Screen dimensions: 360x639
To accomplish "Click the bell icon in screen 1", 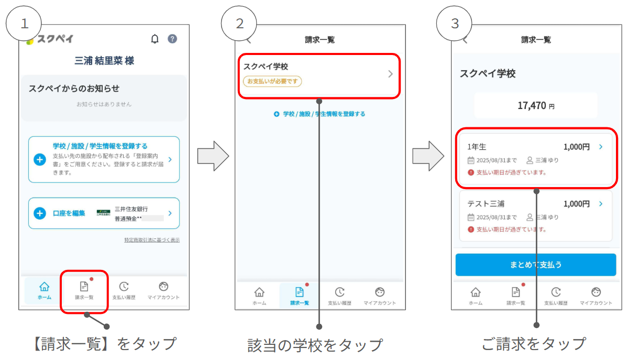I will [155, 39].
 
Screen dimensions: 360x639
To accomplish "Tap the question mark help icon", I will [172, 39].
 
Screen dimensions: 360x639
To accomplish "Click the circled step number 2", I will [239, 24].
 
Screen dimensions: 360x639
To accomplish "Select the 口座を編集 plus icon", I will [40, 213].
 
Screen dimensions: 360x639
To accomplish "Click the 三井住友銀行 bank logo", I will [103, 213].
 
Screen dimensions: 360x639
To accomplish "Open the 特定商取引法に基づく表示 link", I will [152, 240].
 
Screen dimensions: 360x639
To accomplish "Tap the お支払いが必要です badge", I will [272, 81].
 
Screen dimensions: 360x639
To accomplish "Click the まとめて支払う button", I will [535, 265].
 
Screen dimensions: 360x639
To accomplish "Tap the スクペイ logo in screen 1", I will [50, 39].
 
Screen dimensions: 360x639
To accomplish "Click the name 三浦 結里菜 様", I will [104, 61].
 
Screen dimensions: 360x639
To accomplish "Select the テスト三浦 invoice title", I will [486, 204].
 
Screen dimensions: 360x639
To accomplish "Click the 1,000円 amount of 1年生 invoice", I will [576, 147].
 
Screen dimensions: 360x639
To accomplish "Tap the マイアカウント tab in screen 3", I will [596, 296].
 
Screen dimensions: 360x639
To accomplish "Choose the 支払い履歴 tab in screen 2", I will [339, 296].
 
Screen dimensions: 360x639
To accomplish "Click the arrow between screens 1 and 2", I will [213, 156].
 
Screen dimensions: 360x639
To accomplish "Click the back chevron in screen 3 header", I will [465, 40].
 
